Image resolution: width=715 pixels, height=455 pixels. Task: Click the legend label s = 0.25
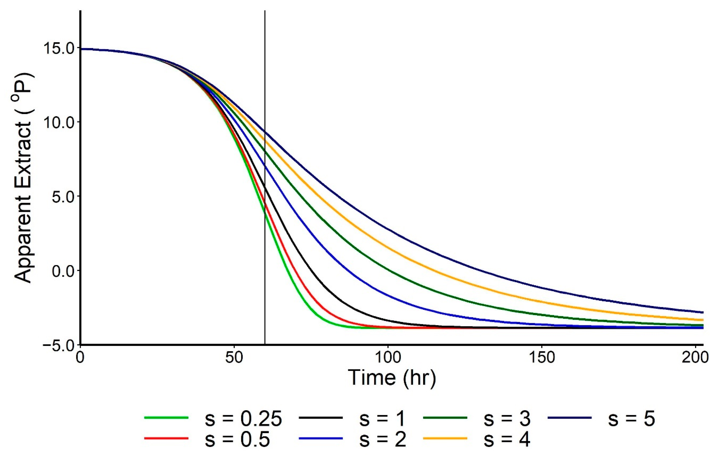[x=243, y=419]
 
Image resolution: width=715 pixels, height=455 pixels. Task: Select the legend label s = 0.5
[x=237, y=440]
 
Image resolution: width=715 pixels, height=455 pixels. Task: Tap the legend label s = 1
[x=382, y=419]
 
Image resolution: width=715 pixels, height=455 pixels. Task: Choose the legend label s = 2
[x=382, y=440]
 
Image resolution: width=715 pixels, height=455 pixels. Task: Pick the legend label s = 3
[x=506, y=419]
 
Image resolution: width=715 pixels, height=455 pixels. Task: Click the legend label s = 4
[x=506, y=440]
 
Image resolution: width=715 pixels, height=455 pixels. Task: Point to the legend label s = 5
[x=631, y=419]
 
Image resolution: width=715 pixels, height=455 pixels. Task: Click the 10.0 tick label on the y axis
[x=59, y=122]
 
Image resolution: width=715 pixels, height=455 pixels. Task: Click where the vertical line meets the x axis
[x=265, y=344]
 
